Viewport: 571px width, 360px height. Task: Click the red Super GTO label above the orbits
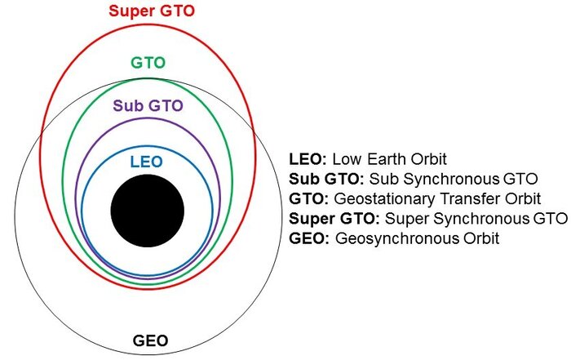(x=152, y=11)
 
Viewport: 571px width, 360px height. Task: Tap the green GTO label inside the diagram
(x=148, y=63)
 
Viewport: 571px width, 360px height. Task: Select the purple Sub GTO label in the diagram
(x=148, y=105)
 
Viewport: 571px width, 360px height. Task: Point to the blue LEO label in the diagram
(x=146, y=162)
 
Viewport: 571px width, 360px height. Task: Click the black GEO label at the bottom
(x=150, y=340)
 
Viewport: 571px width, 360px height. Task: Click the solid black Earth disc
(x=148, y=211)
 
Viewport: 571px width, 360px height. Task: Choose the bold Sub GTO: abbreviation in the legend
(x=326, y=179)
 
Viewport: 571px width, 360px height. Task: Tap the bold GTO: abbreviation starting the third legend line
(x=309, y=198)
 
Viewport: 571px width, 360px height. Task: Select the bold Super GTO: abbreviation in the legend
(x=334, y=218)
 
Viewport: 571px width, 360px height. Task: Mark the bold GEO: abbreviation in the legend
(x=309, y=238)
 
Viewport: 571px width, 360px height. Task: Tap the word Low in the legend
(x=347, y=159)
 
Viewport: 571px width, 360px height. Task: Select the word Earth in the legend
(x=387, y=159)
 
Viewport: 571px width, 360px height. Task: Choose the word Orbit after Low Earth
(x=428, y=159)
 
